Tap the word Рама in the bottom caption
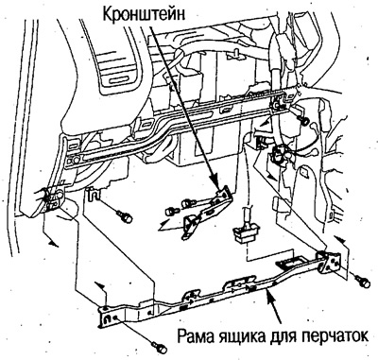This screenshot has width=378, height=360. click(x=198, y=335)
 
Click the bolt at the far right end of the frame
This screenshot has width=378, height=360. click(x=365, y=282)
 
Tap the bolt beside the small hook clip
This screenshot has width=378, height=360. click(x=121, y=216)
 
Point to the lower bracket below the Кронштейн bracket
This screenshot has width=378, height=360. click(x=194, y=223)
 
